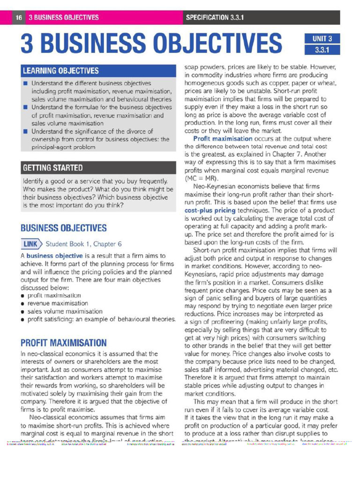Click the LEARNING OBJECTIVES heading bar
tap(61, 71)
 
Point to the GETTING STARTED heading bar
tap(53, 167)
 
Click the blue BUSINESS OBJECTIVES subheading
tap(63, 228)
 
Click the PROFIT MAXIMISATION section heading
tap(63, 343)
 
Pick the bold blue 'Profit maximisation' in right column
tap(223, 139)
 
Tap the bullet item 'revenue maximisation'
tap(58, 303)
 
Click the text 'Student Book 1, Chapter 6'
tap(84, 244)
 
